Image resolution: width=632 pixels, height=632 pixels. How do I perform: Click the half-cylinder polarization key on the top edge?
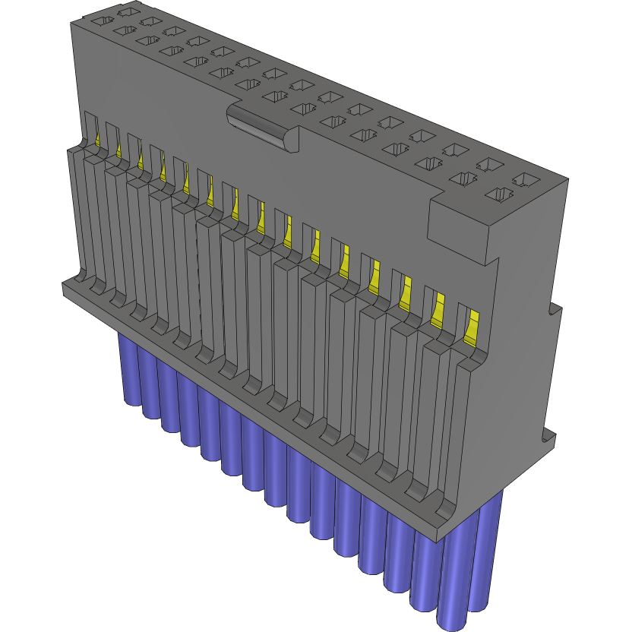262,128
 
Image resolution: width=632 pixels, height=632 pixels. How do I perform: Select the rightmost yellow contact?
472,325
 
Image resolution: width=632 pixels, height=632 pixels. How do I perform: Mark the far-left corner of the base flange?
65,286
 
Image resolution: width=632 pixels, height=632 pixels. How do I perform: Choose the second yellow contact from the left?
119,150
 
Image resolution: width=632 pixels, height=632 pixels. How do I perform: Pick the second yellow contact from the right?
438,311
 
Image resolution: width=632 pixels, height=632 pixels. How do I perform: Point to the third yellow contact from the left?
141,159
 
